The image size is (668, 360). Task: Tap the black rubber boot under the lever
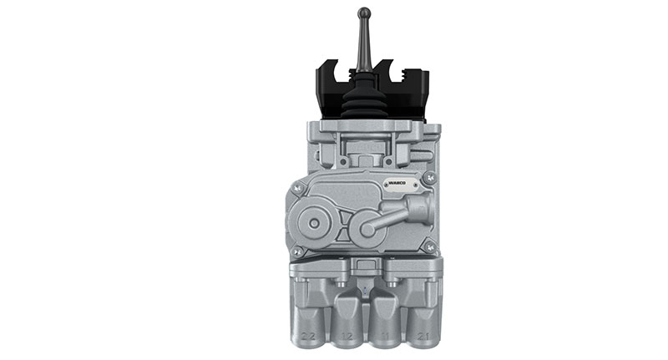[x=364, y=99]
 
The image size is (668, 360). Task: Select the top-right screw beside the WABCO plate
[x=429, y=178]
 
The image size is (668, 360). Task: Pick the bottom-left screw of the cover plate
[x=296, y=250]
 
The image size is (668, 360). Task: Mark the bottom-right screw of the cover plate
[x=429, y=246]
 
